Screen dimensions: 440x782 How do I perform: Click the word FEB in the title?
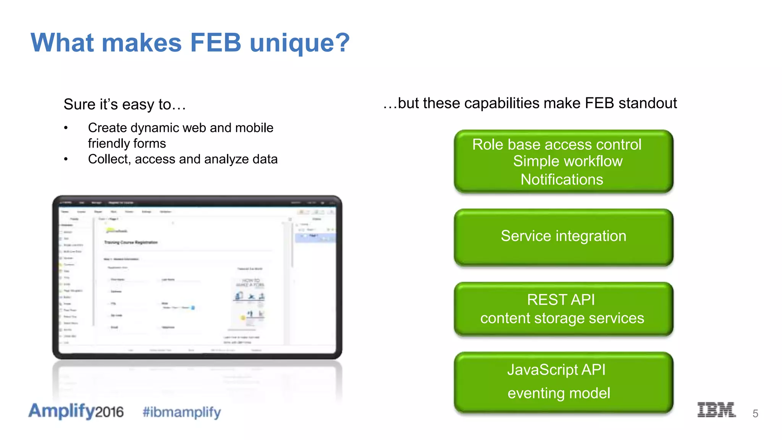pyautogui.click(x=216, y=42)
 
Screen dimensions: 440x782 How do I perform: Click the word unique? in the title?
pyautogui.click(x=300, y=42)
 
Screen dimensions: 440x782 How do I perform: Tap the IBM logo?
pyautogui.click(x=716, y=410)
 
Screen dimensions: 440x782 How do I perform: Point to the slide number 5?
pyautogui.click(x=755, y=414)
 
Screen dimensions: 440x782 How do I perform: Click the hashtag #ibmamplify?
pyautogui.click(x=182, y=412)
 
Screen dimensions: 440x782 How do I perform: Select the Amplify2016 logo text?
pyautogui.click(x=76, y=411)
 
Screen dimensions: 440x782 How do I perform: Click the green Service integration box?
pyautogui.click(x=563, y=237)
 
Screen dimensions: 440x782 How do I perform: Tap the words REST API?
pyautogui.click(x=561, y=300)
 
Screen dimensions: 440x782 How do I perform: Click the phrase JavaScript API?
pyautogui.click(x=556, y=370)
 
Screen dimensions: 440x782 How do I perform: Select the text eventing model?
pyautogui.click(x=559, y=393)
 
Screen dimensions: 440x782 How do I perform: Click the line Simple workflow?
pyautogui.click(x=567, y=161)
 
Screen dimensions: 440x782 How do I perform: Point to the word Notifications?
pyautogui.click(x=562, y=180)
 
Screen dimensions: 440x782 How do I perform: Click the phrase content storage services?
pyautogui.click(x=562, y=318)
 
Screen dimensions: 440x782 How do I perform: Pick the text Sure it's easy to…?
pyautogui.click(x=124, y=104)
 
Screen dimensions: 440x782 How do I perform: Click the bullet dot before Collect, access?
pyautogui.click(x=66, y=159)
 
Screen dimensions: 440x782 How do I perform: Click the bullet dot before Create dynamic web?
pyautogui.click(x=66, y=128)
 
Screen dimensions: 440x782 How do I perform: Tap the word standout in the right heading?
pyautogui.click(x=648, y=103)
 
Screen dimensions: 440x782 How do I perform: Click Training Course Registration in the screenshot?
pyautogui.click(x=131, y=243)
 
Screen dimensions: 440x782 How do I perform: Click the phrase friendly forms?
pyautogui.click(x=127, y=144)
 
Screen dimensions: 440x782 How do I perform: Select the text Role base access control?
pyautogui.click(x=557, y=145)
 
